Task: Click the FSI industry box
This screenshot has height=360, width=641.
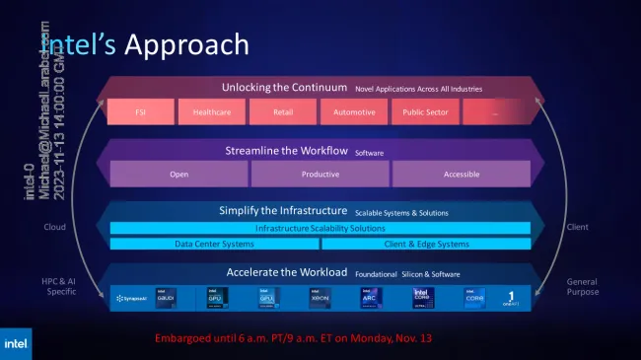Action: (141, 112)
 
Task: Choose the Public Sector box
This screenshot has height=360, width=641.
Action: (426, 112)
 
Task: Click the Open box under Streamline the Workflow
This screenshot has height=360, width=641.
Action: (178, 174)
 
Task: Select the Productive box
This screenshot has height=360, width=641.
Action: (320, 174)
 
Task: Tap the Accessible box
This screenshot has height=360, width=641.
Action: (462, 174)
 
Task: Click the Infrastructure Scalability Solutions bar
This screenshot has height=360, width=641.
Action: (320, 229)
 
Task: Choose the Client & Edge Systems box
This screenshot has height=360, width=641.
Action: (427, 244)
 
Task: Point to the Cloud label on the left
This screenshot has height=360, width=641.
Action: (55, 227)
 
